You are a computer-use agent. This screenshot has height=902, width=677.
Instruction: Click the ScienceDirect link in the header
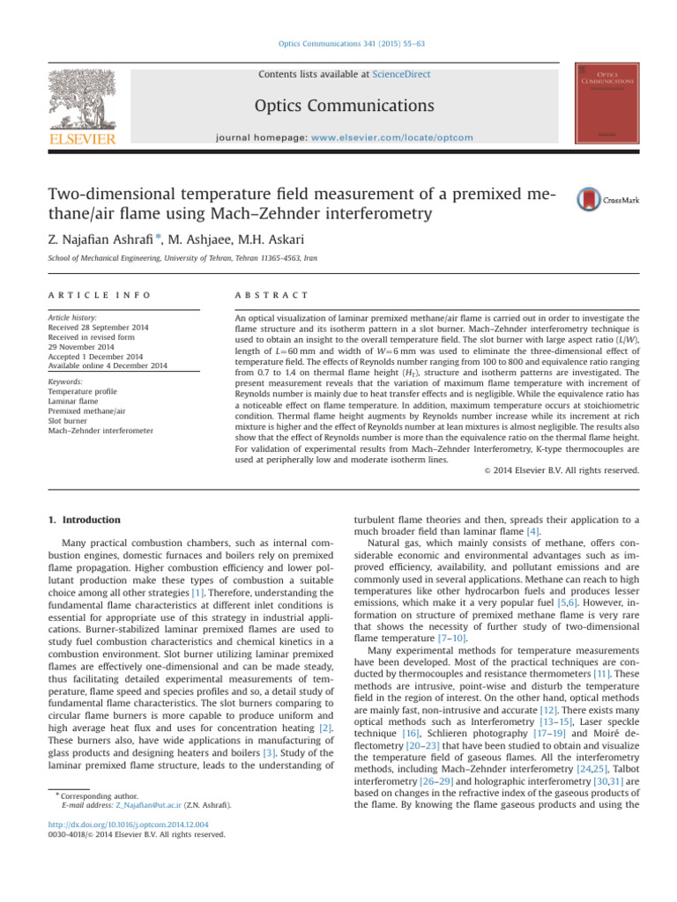401,75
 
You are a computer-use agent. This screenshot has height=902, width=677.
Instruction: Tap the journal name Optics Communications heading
345,107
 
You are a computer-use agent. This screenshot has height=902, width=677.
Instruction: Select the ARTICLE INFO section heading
100,295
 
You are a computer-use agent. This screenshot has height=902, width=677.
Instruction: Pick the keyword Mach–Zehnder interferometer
100,431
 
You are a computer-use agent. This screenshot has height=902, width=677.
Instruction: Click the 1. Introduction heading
85,521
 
